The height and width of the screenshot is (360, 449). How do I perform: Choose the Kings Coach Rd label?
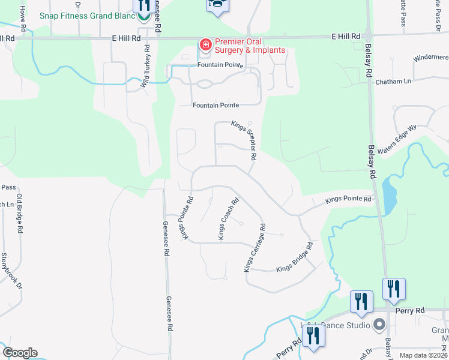point(229,219)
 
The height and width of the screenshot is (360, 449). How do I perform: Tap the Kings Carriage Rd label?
point(255,247)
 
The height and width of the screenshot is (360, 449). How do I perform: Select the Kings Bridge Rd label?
point(295,259)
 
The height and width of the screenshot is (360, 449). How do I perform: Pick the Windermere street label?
point(431,58)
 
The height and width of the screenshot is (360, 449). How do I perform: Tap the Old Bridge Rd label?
point(19,213)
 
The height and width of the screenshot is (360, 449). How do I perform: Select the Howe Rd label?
point(22,19)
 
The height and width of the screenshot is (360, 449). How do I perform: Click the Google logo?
point(20,353)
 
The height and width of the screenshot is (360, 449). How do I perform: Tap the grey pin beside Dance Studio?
point(379,325)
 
